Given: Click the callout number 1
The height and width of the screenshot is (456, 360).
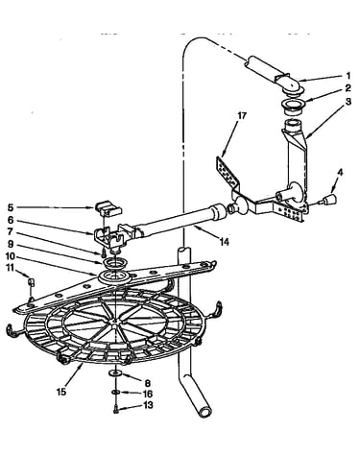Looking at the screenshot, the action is [348, 76].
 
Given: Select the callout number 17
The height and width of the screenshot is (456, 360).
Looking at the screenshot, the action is [242, 115].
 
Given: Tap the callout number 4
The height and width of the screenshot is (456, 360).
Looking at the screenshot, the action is [340, 172].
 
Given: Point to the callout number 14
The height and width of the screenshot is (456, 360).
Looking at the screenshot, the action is [225, 242].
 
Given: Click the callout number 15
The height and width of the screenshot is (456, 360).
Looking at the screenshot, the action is [61, 392].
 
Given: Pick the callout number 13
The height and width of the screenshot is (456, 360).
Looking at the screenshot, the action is [148, 405].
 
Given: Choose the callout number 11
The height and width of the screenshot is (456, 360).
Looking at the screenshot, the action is [11, 268].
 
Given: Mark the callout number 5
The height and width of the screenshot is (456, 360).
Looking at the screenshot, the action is [11, 207].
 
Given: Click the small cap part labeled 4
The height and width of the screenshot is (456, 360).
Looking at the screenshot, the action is [330, 200].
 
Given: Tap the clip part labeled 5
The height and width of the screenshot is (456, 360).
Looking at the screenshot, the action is [108, 207].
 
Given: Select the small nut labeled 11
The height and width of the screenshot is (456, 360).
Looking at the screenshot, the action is [32, 282].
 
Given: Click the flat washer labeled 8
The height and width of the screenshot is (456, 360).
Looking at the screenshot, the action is [114, 372].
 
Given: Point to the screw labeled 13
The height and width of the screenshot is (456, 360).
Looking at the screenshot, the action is [115, 409].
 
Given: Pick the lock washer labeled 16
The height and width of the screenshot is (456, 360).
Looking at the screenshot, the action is [116, 392].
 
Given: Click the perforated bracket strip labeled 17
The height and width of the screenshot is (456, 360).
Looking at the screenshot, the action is [228, 173].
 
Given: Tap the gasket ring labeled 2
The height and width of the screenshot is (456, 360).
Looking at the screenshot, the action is [293, 106].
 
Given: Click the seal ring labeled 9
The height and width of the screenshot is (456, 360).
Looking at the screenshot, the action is [115, 264].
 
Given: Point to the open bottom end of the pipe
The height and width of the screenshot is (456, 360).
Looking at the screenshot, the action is [204, 411].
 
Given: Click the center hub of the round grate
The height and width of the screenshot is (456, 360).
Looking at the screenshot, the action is [115, 321].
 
